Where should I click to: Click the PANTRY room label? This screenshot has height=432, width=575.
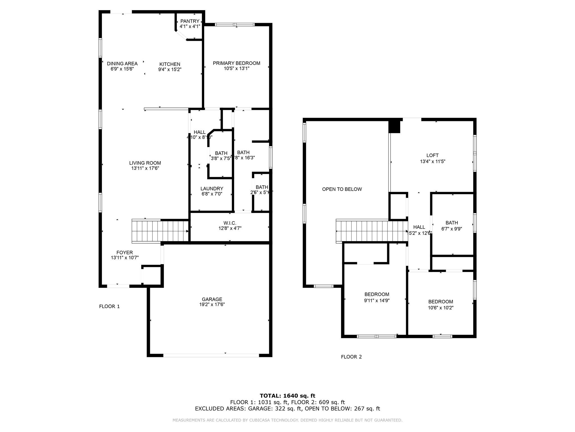pyautogui.click(x=190, y=21)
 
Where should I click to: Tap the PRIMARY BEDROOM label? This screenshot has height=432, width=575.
pyautogui.click(x=236, y=63)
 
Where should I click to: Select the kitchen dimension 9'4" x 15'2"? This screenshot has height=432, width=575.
pyautogui.click(x=170, y=69)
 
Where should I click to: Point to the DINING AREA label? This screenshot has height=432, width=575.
pyautogui.click(x=122, y=64)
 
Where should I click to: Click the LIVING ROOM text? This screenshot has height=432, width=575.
pyautogui.click(x=145, y=163)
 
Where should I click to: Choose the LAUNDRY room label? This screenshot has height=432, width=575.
pyautogui.click(x=212, y=189)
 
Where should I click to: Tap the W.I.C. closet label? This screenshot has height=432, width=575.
pyautogui.click(x=230, y=223)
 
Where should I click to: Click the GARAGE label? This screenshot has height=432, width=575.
pyautogui.click(x=212, y=299)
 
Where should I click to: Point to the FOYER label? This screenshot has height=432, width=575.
pyautogui.click(x=125, y=253)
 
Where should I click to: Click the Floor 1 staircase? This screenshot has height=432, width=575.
pyautogui.click(x=160, y=231)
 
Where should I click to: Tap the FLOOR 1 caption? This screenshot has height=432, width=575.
pyautogui.click(x=109, y=307)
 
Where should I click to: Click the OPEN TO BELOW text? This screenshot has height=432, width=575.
pyautogui.click(x=342, y=189)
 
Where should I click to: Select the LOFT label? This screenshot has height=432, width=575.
pyautogui.click(x=432, y=155)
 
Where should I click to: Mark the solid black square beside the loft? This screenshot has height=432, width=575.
pyautogui.click(x=394, y=127)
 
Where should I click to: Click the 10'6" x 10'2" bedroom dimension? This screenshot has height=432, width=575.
pyautogui.click(x=441, y=308)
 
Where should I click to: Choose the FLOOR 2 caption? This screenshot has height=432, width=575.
pyautogui.click(x=351, y=357)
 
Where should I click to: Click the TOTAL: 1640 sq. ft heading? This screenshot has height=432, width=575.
pyautogui.click(x=287, y=396)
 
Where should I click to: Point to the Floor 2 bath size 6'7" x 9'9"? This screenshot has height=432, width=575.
pyautogui.click(x=451, y=229)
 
